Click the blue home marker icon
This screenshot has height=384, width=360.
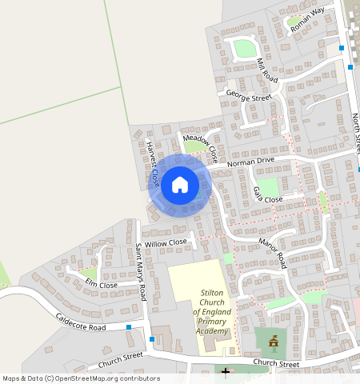180,185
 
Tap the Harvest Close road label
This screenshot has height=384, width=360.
153,165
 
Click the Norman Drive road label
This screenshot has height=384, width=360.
250,162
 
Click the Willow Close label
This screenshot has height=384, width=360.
166,242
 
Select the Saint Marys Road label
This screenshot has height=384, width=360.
141,271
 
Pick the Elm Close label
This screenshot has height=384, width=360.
101,285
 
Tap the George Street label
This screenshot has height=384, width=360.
249,97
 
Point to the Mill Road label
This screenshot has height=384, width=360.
266,70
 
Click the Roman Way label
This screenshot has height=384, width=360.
308,19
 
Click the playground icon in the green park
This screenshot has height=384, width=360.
274,342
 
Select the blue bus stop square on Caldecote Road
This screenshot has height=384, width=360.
129,326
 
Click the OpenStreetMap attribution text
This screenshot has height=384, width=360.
81,378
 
